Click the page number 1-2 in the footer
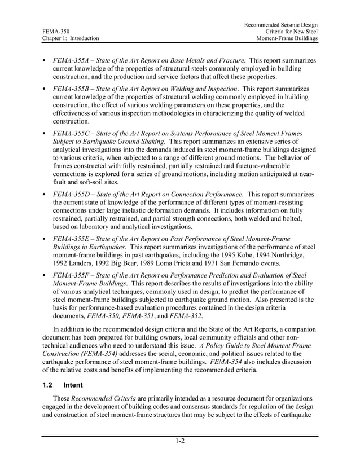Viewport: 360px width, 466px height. [x=179, y=442]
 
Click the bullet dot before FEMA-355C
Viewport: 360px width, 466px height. [x=44, y=134]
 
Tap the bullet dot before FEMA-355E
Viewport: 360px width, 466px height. [x=44, y=239]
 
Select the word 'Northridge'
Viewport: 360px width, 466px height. [x=297, y=255]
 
